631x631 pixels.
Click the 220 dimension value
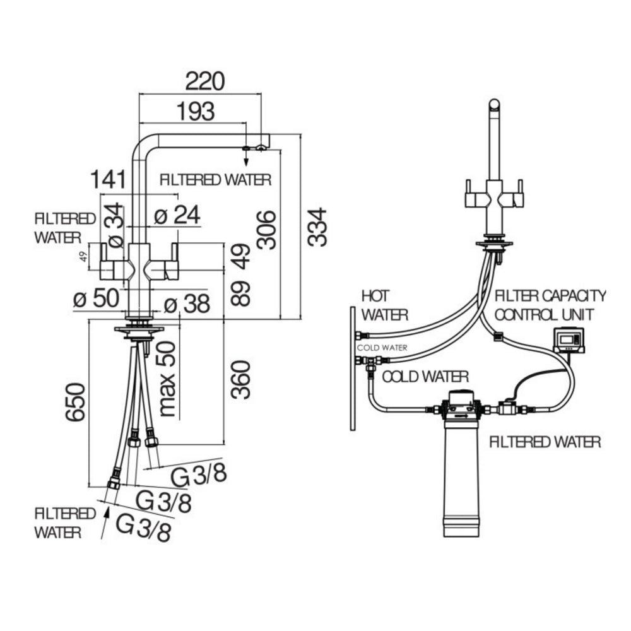pos(204,81)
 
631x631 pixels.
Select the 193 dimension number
pos(194,111)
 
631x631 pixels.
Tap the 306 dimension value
pos(268,230)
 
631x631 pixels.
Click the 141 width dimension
pos(107,179)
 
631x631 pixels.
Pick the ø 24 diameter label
pos(177,216)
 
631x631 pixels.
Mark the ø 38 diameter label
pos(186,305)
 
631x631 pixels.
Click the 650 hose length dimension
pos(75,401)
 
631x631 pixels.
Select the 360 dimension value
pos(240,379)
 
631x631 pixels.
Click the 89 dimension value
pos(240,293)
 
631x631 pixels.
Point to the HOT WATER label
pos(384,304)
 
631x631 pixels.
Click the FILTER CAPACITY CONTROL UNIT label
pos(550,304)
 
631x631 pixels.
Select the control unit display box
pos(569,340)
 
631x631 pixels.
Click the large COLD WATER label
pos(426,377)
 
